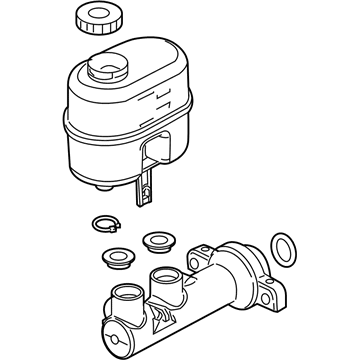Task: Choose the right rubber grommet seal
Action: (x=157, y=243)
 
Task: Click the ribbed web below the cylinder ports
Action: (x=150, y=318)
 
